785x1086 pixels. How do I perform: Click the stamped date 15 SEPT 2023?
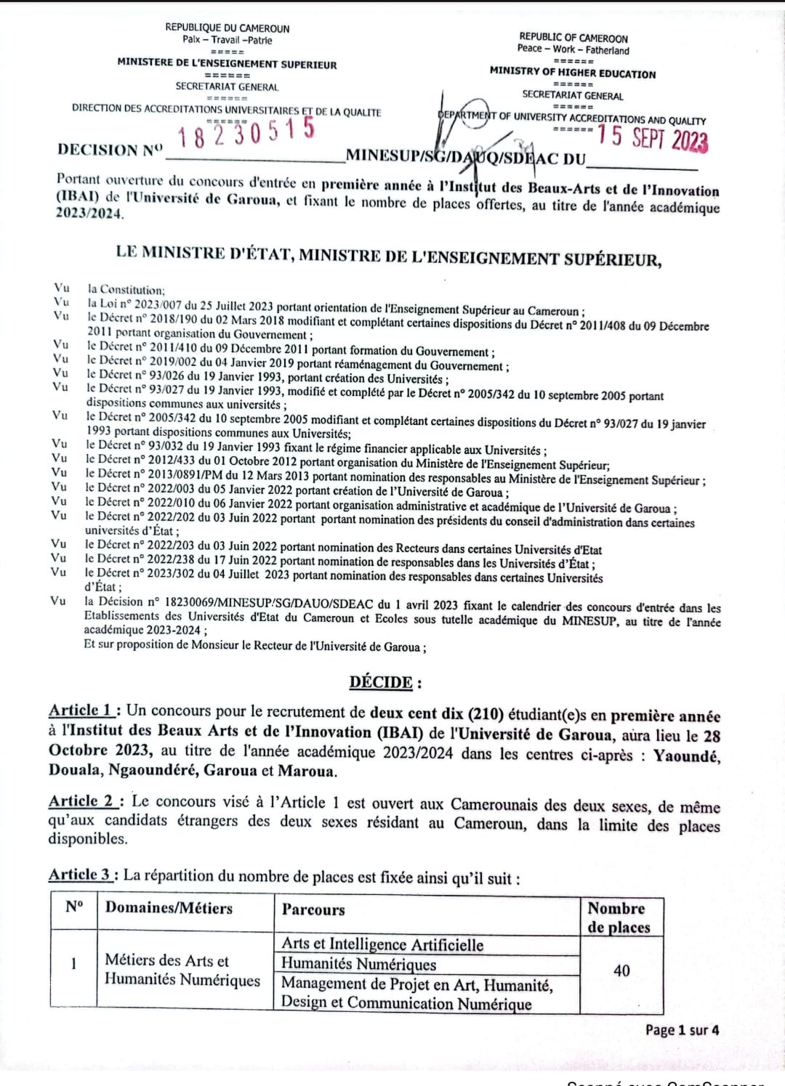pyautogui.click(x=652, y=137)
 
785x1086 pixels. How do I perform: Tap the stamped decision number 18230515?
pyautogui.click(x=246, y=133)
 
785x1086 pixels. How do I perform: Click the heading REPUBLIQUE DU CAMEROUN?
pyautogui.click(x=227, y=28)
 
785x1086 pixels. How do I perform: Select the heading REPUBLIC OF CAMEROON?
pyautogui.click(x=573, y=38)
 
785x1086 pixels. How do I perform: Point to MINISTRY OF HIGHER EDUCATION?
pyautogui.click(x=573, y=73)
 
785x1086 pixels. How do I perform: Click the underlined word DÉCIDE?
pyautogui.click(x=381, y=682)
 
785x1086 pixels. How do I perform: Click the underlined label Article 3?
pyautogui.click(x=81, y=875)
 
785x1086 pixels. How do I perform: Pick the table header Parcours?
pyautogui.click(x=313, y=909)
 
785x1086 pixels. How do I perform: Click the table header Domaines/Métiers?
pyautogui.click(x=169, y=907)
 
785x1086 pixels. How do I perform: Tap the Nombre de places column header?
pyautogui.click(x=619, y=917)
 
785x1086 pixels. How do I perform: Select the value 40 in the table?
pyautogui.click(x=621, y=970)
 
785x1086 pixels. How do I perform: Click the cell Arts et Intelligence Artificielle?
pyautogui.click(x=382, y=944)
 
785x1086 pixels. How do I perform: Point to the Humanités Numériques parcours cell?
pyautogui.click(x=359, y=964)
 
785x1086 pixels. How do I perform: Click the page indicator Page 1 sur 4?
pyautogui.click(x=682, y=1030)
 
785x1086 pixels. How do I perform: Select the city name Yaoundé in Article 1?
pyautogui.click(x=686, y=756)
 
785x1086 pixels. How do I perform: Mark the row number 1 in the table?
pyautogui.click(x=73, y=964)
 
